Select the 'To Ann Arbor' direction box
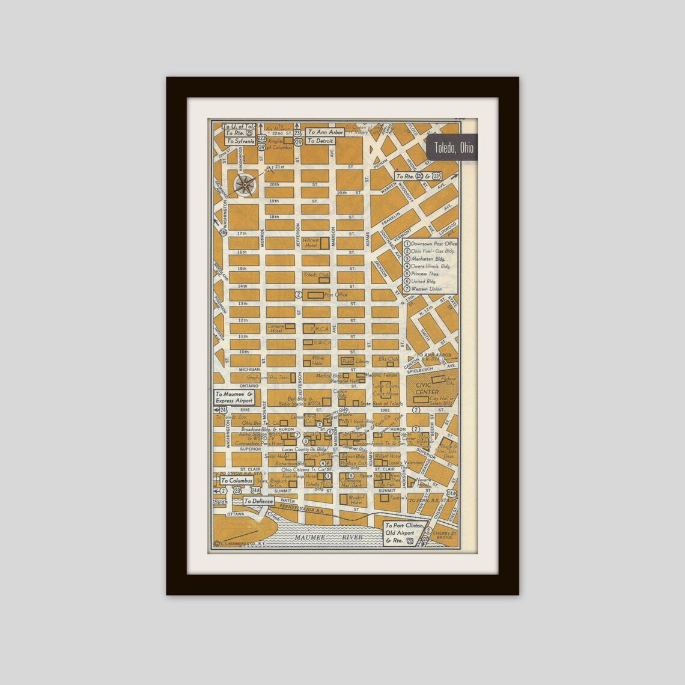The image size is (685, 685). (x=326, y=132)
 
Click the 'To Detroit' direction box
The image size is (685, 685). (x=320, y=141)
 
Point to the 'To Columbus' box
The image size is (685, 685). (x=236, y=481)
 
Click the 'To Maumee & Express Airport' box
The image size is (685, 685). (x=234, y=397)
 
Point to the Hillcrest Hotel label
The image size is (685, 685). (x=311, y=243)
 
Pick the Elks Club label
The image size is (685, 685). (x=388, y=359)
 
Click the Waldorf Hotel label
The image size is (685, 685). (x=356, y=499)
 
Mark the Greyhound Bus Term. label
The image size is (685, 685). (x=268, y=377)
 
